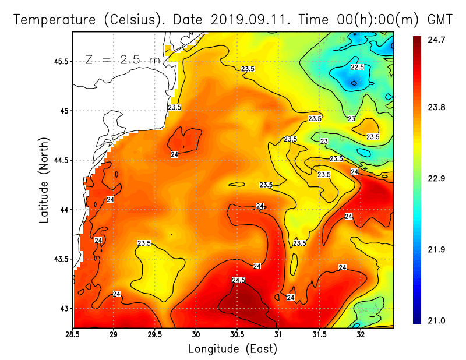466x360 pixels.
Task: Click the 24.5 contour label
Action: coord(238,280)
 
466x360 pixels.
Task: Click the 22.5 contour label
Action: coord(357,68)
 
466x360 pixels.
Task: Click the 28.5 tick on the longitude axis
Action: coord(73,335)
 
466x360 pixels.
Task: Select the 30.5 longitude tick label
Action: coord(237,335)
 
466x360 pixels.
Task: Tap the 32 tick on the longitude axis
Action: coord(361,335)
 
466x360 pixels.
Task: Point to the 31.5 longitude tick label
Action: coord(319,335)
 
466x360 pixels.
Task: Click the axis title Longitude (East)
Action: coord(232,349)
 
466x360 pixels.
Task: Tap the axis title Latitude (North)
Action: coord(44,180)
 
